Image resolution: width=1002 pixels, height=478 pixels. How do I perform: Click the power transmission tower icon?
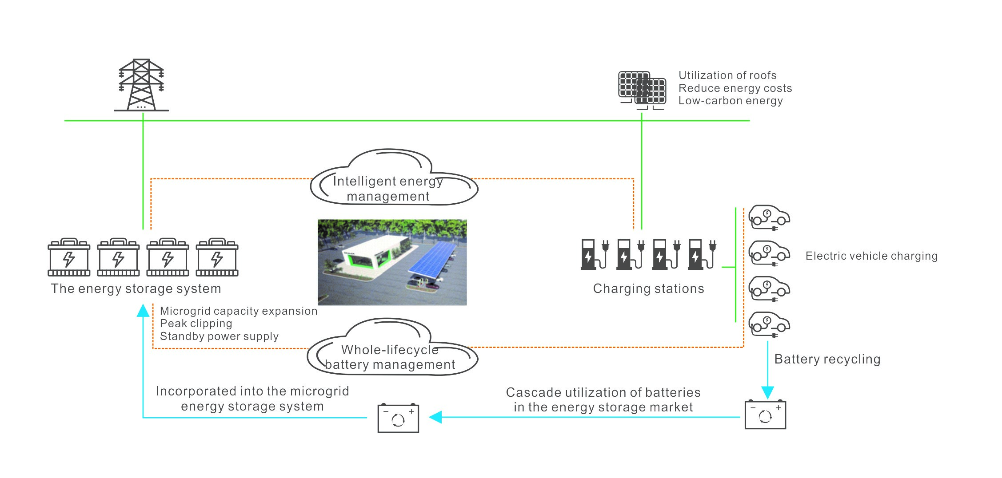tap(141, 85)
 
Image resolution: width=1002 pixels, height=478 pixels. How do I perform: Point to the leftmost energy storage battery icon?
tap(69, 257)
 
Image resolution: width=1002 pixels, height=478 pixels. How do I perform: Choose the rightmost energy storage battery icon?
tap(217, 257)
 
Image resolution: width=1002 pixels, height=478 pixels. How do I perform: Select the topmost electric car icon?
tap(769, 217)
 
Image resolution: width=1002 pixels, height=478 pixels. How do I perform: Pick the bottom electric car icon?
tap(769, 324)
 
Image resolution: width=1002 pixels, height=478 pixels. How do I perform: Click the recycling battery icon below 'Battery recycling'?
tap(765, 415)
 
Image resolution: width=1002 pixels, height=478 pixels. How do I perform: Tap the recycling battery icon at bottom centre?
tap(398, 418)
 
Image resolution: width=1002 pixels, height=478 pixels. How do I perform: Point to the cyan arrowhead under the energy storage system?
tap(143, 310)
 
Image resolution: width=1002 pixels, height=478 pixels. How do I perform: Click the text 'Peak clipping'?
tap(196, 324)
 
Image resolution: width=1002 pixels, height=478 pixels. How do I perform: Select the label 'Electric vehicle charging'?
tap(871, 256)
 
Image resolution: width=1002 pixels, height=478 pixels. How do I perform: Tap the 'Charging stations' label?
tap(648, 289)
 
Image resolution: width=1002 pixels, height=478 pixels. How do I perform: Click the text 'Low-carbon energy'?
tap(730, 101)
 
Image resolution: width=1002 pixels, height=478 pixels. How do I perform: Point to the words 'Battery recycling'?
tap(827, 359)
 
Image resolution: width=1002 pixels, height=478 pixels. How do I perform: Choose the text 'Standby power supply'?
tap(219, 336)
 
